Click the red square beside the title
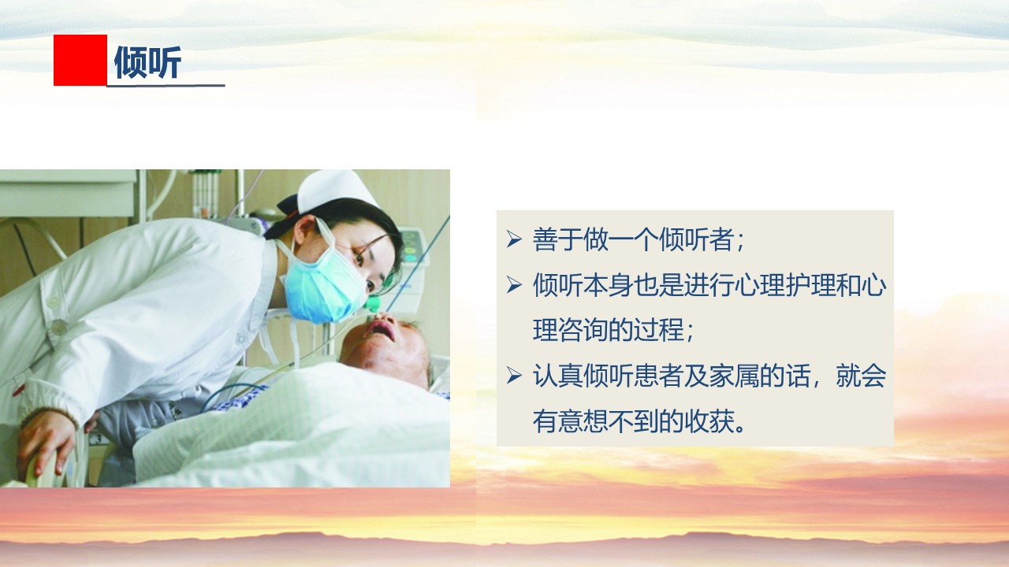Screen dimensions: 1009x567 [80, 60]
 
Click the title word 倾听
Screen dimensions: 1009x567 [147, 62]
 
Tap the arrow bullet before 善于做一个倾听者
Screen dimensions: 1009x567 [514, 239]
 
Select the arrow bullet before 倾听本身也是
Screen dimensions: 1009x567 [514, 285]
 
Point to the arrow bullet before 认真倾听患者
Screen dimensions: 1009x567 [514, 376]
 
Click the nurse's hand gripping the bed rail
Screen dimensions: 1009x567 [47, 443]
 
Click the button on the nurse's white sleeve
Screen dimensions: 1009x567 [58, 327]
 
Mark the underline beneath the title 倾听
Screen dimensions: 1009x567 [166, 86]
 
